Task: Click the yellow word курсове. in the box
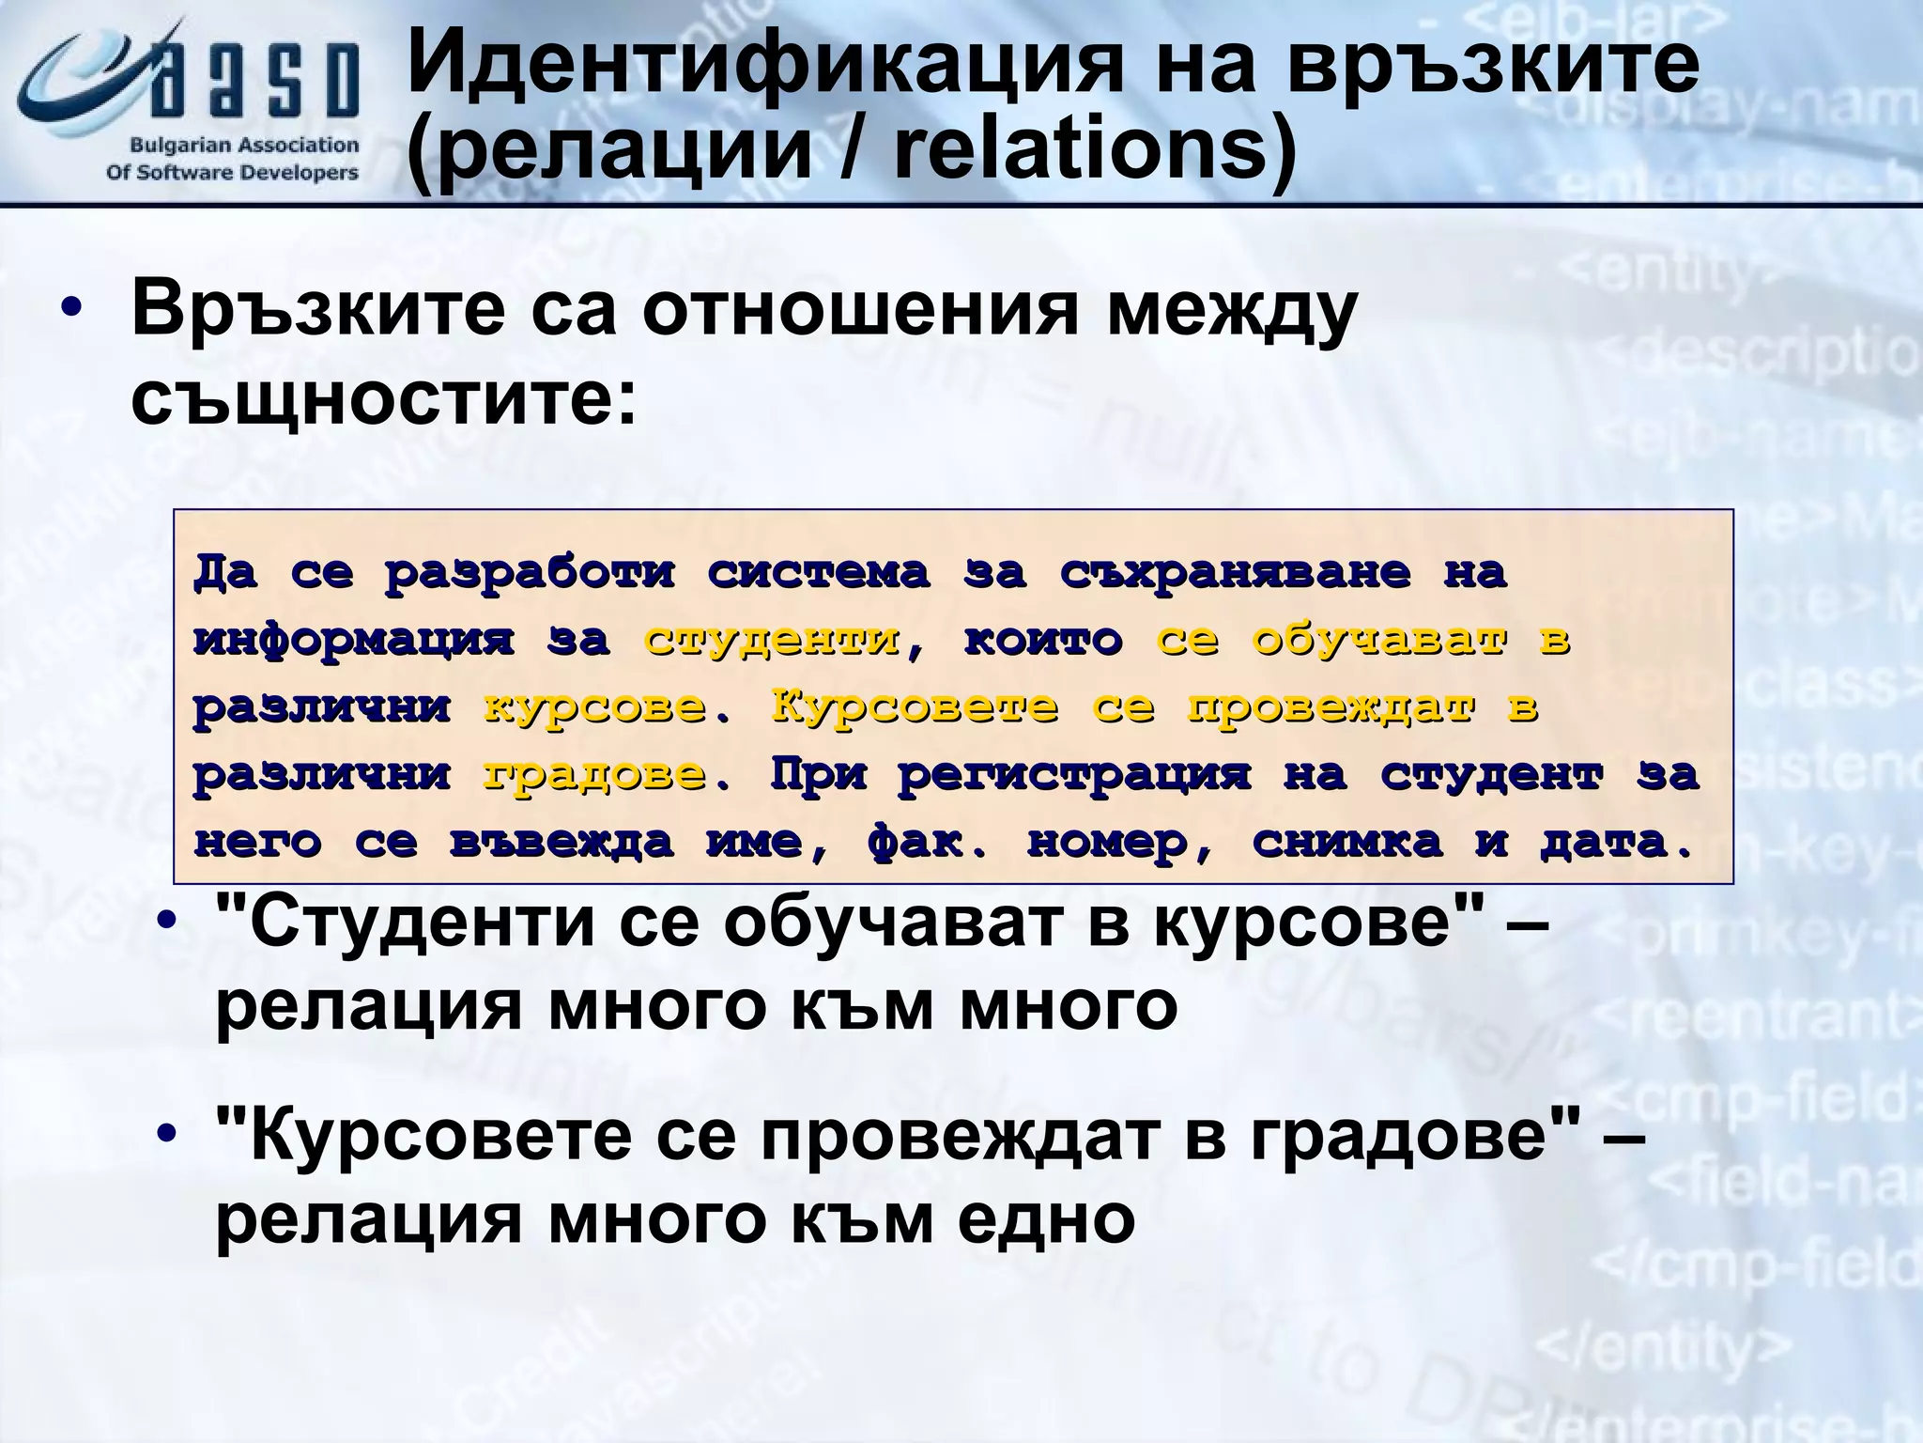point(607,707)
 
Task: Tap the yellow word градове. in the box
point(607,775)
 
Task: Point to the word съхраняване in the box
point(1235,572)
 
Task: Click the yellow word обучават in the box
point(1379,640)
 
